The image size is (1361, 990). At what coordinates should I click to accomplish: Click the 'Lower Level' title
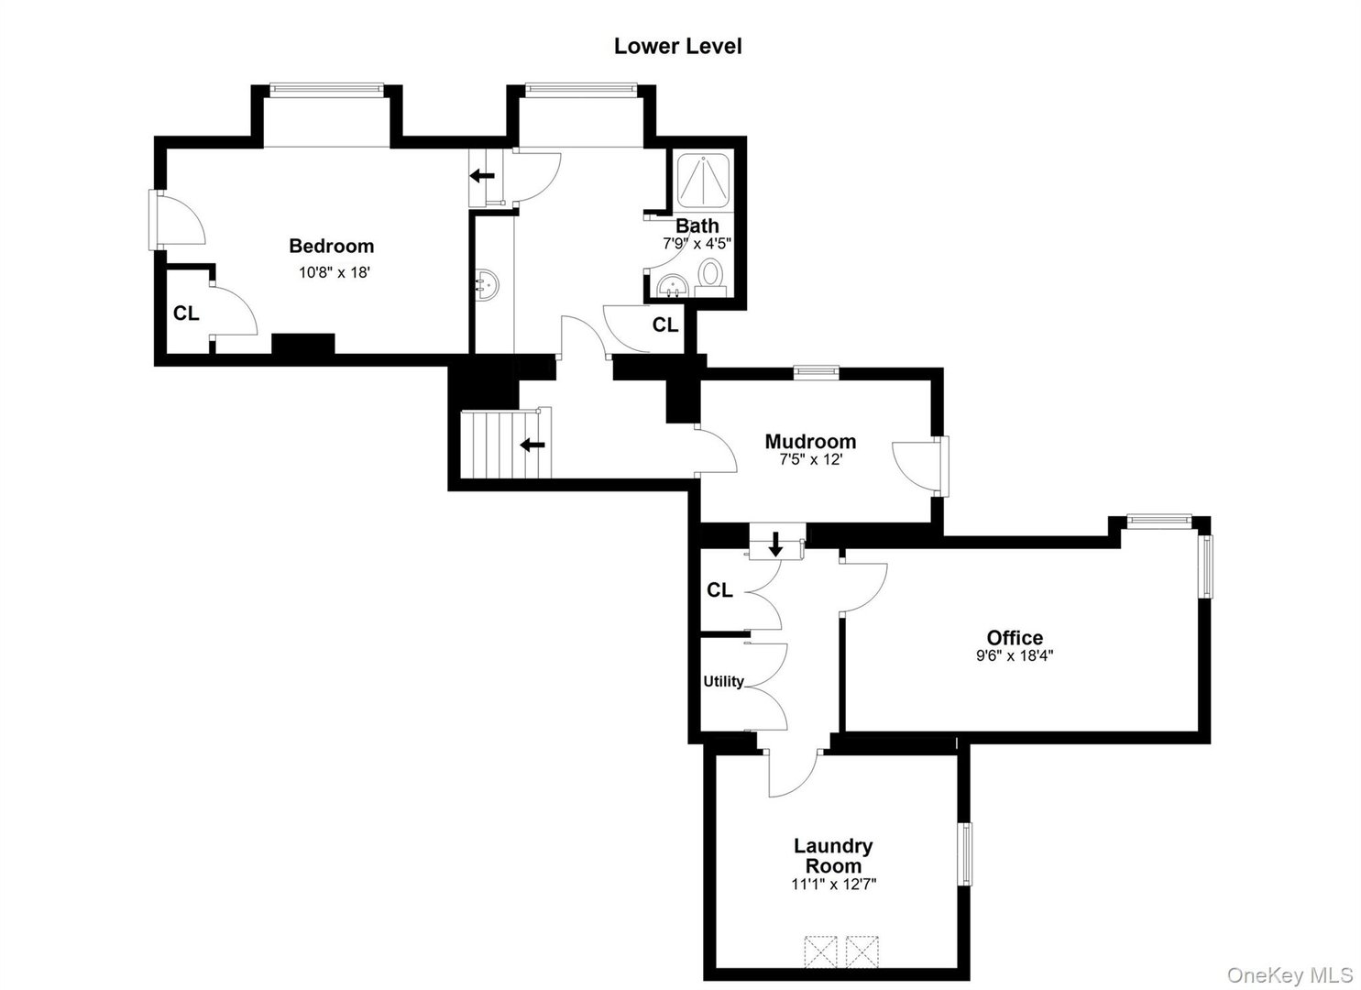point(677,47)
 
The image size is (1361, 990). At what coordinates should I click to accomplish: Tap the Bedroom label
point(331,246)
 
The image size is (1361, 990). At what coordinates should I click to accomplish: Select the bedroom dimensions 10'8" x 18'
point(334,271)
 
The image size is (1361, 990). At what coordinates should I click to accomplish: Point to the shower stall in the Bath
point(703,181)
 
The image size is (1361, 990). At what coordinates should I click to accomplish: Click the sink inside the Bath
point(671,285)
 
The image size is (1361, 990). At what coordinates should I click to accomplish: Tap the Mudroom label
point(810,441)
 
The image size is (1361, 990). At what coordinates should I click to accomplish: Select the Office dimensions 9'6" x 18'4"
point(1014,655)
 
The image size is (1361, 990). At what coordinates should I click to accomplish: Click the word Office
point(1015,637)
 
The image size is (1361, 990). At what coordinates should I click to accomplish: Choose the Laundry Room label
point(832,855)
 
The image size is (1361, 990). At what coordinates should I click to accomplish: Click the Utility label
point(723,681)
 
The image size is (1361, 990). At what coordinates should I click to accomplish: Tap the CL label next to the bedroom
point(186,313)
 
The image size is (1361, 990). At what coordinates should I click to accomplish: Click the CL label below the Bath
point(665,324)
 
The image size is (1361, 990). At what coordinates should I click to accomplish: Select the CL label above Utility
point(719,590)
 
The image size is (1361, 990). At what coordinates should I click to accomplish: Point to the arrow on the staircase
point(532,445)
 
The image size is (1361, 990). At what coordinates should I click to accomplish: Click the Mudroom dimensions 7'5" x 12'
point(810,459)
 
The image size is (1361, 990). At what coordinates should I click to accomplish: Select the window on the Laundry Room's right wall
point(965,854)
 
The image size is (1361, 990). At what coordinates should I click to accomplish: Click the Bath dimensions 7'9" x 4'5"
point(697,244)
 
